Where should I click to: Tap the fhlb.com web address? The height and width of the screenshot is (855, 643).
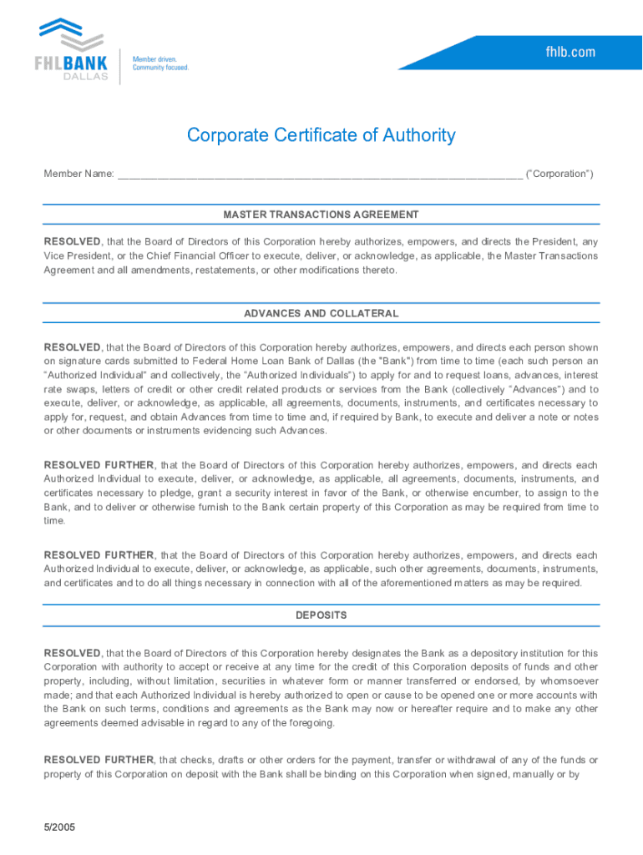pyautogui.click(x=571, y=52)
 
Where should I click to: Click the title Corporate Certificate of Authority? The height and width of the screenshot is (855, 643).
pyautogui.click(x=321, y=135)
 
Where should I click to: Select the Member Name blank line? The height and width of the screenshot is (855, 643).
pyautogui.click(x=320, y=175)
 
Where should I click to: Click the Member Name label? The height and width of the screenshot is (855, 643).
pyautogui.click(x=78, y=174)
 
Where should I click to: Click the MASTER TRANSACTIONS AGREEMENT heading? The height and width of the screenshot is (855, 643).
pyautogui.click(x=321, y=215)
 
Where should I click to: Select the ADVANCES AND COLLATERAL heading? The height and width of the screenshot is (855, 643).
pyautogui.click(x=321, y=313)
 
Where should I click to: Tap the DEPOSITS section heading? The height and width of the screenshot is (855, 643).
pyautogui.click(x=321, y=615)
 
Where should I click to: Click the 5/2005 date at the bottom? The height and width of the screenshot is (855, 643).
pyautogui.click(x=60, y=827)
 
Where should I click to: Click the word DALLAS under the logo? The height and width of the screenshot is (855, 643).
pyautogui.click(x=86, y=77)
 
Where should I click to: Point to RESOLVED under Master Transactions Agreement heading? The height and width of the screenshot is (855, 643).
pyautogui.click(x=73, y=241)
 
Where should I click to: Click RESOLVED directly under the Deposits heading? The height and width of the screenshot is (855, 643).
pyautogui.click(x=73, y=653)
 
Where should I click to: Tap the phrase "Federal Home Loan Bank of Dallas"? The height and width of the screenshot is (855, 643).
pyautogui.click(x=286, y=361)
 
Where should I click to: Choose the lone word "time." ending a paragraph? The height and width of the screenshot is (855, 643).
pyautogui.click(x=54, y=520)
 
